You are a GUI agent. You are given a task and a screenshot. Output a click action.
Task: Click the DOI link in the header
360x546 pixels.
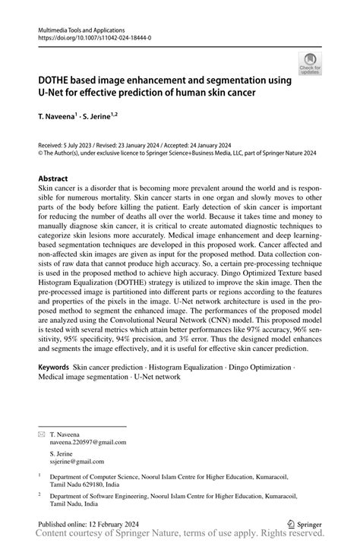90,36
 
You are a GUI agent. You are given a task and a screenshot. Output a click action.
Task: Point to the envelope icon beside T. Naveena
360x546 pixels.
43,433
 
